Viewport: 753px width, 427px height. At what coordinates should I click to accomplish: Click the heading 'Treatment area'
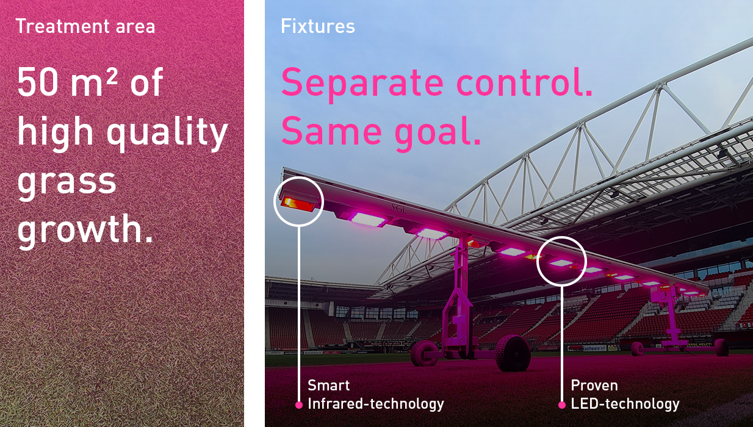point(85,26)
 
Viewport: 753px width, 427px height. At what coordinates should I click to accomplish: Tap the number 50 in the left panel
point(38,82)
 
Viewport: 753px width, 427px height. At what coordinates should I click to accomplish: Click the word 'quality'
point(167,133)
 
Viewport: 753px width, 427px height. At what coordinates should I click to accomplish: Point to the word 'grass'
point(67,183)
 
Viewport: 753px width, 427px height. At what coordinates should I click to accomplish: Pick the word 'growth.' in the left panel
point(85,230)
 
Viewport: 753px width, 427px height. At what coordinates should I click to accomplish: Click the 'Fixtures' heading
point(318,26)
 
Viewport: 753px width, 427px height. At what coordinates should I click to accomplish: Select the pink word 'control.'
point(524,82)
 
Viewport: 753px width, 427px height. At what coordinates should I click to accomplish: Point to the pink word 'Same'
point(331,131)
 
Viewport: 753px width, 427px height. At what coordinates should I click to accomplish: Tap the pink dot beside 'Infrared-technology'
point(299,405)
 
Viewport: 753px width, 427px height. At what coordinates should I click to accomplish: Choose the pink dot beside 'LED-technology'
point(562,405)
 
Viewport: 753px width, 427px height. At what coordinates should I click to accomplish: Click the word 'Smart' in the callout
point(328,386)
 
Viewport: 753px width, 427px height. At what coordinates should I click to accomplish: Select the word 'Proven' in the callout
point(594,386)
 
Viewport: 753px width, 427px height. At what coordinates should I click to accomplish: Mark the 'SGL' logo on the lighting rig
point(398,209)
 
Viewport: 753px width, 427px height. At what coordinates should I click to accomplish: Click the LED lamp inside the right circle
point(561,263)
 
